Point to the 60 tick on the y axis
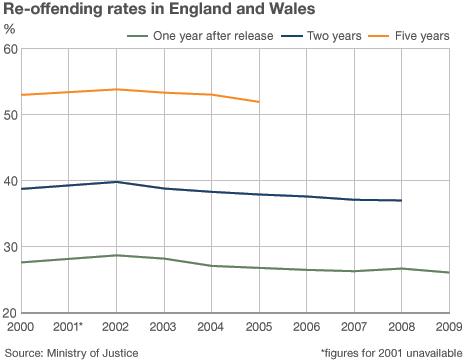pyautogui.click(x=10, y=50)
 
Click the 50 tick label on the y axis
pyautogui.click(x=10, y=116)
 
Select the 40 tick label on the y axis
pyautogui.click(x=10, y=181)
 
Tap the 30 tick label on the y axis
pyautogui.click(x=10, y=247)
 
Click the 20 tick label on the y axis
pyautogui.click(x=10, y=312)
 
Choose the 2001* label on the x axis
pyautogui.click(x=68, y=327)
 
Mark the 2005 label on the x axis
pyautogui.click(x=258, y=327)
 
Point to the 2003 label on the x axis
pyautogui.click(x=163, y=327)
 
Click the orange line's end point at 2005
pyautogui.click(x=258, y=102)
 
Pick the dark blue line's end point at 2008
pyautogui.click(x=401, y=201)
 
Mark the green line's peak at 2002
pyautogui.click(x=116, y=255)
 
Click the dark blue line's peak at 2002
pyautogui.click(x=116, y=182)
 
